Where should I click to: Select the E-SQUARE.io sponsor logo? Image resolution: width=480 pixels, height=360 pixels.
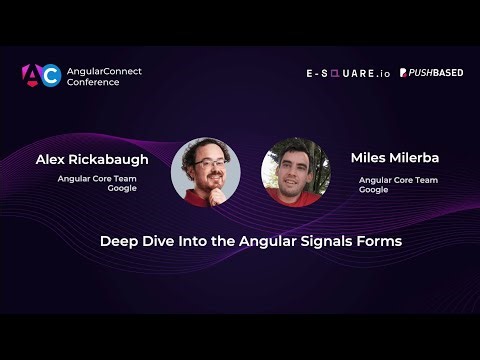pos(348,73)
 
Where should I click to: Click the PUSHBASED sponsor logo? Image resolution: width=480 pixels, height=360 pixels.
pos(431,73)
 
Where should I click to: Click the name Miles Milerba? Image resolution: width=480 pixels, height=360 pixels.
pos(394,159)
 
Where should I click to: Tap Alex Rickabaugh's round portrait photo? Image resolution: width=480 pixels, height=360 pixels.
pos(205,171)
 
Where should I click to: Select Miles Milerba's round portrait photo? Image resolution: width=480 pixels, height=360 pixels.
pos(295,171)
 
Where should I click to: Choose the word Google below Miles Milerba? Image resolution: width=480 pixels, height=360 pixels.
pos(374,189)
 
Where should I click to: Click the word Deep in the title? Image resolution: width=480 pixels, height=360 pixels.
pos(117,241)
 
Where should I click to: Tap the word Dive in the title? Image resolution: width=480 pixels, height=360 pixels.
pos(154,241)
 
